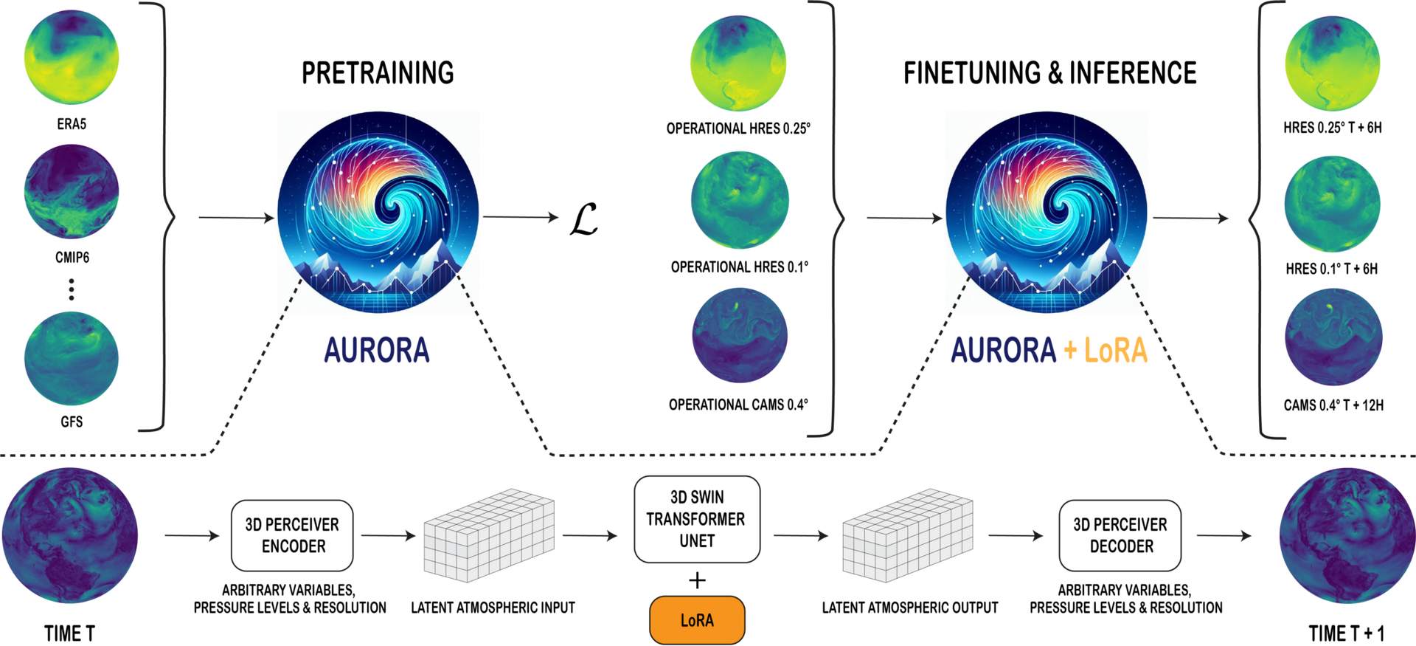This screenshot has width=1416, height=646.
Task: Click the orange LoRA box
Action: tap(697, 619)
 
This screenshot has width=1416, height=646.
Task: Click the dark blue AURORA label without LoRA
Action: tap(377, 350)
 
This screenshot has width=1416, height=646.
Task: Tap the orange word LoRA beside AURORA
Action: tap(1116, 350)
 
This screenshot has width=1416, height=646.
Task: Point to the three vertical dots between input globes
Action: tap(72, 289)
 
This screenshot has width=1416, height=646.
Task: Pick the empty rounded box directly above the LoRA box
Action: tap(697, 520)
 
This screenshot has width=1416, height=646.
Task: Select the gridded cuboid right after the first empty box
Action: tap(489, 535)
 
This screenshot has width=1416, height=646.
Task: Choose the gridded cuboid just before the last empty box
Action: tap(908, 535)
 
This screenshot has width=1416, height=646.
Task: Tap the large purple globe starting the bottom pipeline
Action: tap(70, 535)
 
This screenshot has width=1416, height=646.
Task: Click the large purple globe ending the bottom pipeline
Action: tap(1346, 535)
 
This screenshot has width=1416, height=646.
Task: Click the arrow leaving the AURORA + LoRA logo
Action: tap(1190, 219)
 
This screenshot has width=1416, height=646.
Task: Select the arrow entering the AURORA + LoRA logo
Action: tap(904, 219)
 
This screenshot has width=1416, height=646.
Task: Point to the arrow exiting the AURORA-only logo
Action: tap(521, 217)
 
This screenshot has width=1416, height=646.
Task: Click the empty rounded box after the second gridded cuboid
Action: tap(1120, 536)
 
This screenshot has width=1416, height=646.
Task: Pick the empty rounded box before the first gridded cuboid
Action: tap(293, 536)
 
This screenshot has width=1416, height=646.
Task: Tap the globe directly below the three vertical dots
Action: tap(72, 359)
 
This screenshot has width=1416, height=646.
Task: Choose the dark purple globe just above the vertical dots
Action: tap(72, 191)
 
